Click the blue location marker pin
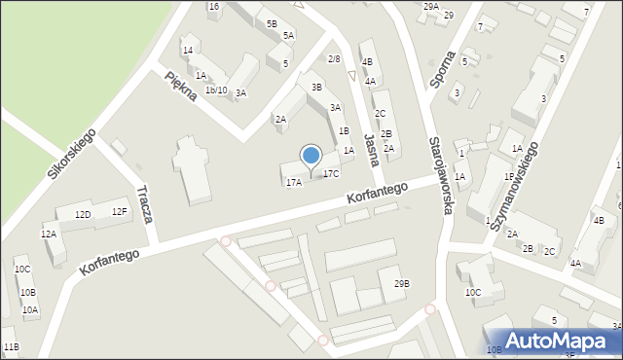pos(311,156)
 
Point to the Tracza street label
pos(145,204)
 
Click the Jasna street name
pos(369,151)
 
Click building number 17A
pos(293,182)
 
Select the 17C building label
pos(332,173)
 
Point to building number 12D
pos(83,214)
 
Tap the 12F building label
pos(119,211)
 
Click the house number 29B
pos(401,283)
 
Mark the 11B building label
pos(11,346)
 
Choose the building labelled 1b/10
pos(216,90)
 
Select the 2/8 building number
pos(334,59)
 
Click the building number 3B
pos(316,88)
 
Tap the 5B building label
pos(272,23)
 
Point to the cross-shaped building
pos(193,167)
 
